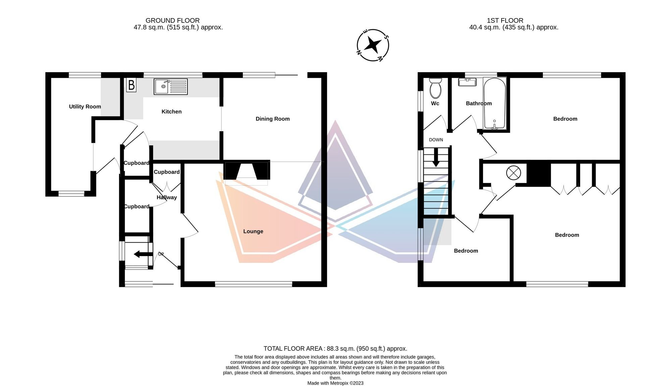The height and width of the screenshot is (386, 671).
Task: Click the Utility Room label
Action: (85, 107)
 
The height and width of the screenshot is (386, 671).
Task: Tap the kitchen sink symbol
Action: (170, 87)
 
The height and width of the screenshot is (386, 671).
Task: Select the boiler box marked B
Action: (131, 85)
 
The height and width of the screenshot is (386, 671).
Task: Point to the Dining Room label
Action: (272, 119)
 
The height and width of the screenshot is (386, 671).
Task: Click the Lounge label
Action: (253, 231)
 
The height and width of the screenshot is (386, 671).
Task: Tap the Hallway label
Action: (167, 197)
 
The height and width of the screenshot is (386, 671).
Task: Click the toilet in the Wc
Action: (435, 88)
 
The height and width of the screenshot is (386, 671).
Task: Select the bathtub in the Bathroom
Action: (495, 103)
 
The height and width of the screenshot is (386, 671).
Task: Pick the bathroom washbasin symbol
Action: (467, 82)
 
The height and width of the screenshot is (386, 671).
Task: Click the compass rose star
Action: (373, 45)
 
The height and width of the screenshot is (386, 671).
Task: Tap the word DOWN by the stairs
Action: (436, 140)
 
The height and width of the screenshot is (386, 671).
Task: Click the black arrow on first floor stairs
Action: (436, 157)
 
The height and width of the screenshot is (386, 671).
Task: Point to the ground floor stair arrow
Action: (143, 254)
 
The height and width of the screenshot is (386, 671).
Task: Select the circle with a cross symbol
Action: (513, 173)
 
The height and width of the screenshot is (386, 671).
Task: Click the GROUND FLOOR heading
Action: (172, 20)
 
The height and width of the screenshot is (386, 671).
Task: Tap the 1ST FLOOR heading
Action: (505, 20)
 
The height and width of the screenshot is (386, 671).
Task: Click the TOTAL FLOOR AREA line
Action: (335, 349)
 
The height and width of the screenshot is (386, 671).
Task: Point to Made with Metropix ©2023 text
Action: (335, 383)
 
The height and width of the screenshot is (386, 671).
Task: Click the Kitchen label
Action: (171, 112)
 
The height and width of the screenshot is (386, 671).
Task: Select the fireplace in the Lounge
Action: (247, 171)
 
